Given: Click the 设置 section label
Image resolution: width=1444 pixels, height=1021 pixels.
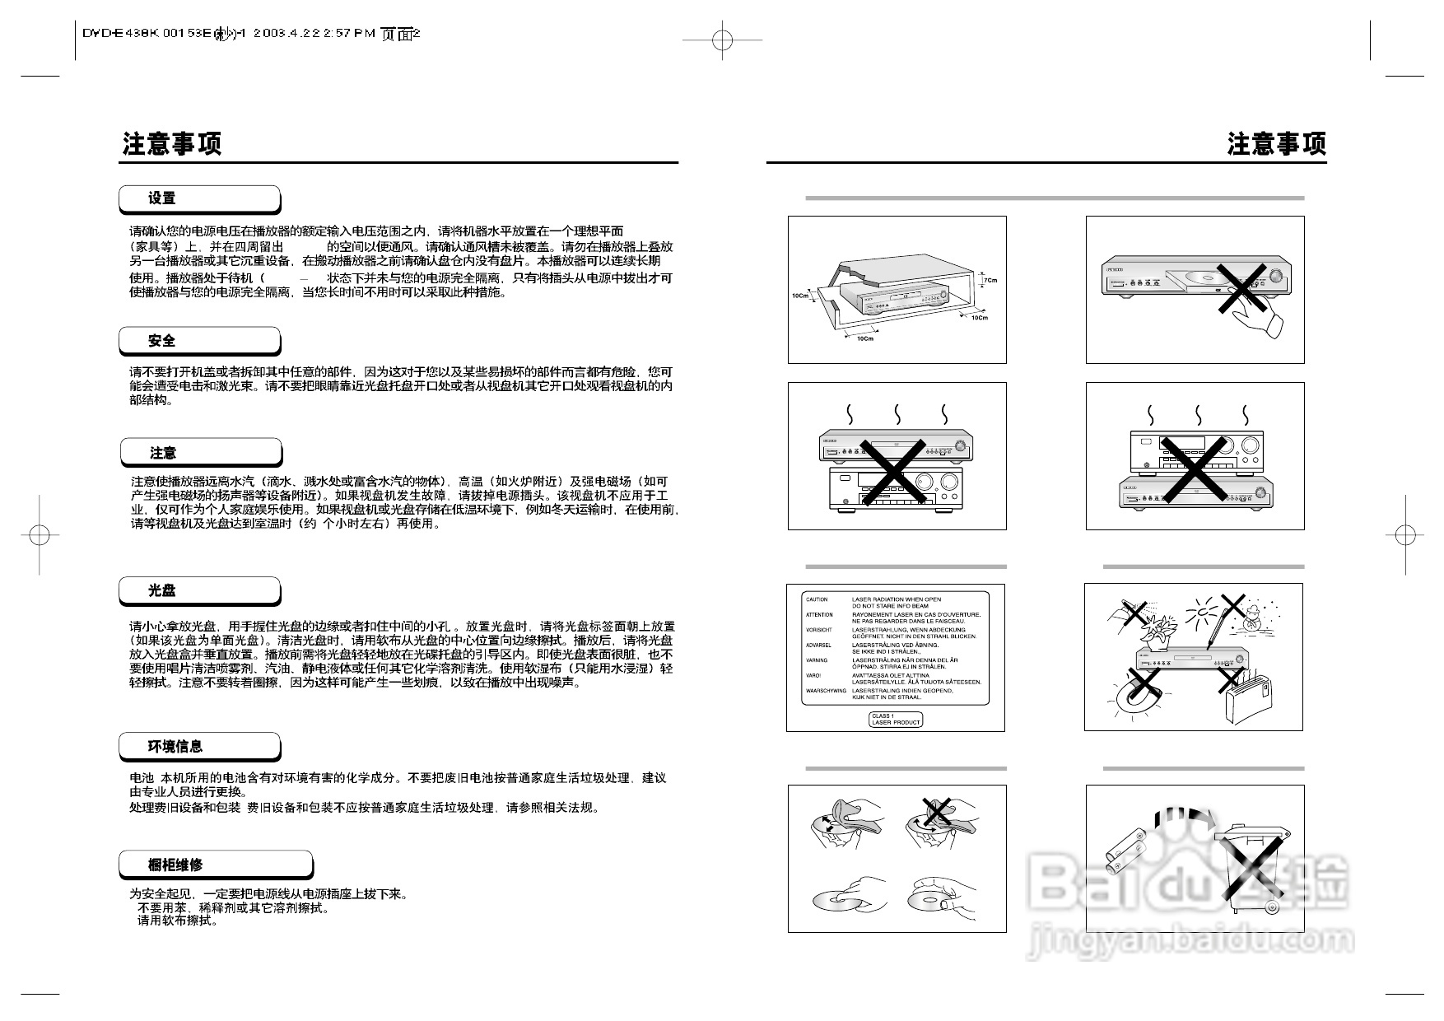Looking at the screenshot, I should coord(162,198).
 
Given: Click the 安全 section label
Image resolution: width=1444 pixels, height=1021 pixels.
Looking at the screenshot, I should coord(162,341).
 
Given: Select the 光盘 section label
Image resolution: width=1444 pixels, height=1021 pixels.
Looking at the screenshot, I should coord(162,591).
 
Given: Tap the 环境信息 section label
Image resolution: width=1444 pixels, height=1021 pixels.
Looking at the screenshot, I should coord(175,747).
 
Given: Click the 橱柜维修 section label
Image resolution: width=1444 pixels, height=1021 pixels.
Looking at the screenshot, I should coord(175,865).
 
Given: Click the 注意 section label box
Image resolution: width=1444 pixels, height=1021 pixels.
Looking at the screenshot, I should coord(163,454).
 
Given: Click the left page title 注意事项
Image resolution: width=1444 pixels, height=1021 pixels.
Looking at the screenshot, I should coord(172,144).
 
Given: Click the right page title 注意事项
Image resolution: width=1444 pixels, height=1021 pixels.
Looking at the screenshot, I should coord(1276,144).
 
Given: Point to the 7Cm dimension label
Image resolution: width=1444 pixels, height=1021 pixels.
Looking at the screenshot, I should coord(990,281).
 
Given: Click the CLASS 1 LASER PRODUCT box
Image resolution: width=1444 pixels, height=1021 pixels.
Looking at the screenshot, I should coord(896,720).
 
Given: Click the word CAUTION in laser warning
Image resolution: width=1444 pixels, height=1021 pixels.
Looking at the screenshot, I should coord(817,599).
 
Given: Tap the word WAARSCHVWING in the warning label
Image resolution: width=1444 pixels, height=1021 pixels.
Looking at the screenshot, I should coord(826,691).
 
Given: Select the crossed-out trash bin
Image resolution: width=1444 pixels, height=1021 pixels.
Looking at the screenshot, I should coord(1250,865).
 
